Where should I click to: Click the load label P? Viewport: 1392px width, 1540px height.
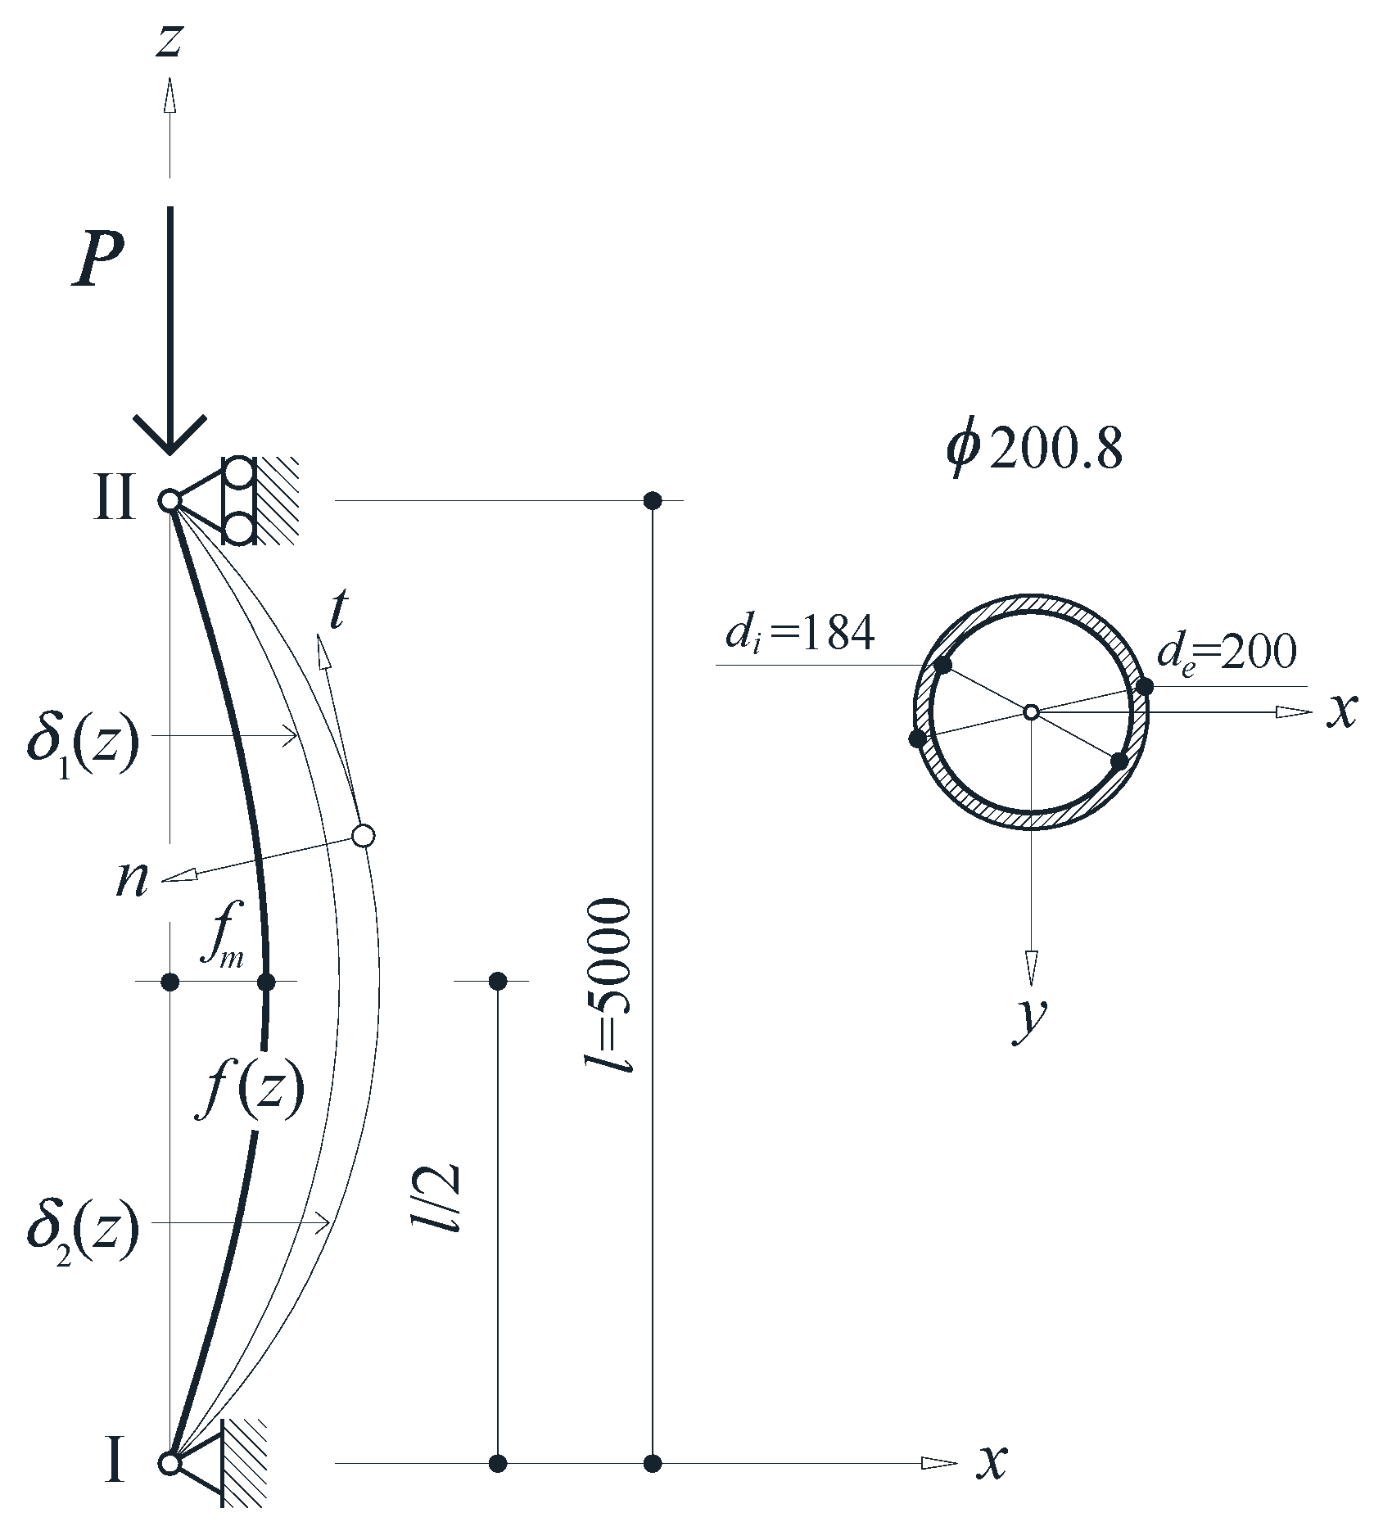tap(97, 258)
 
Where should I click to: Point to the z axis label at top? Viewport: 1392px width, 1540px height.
tap(169, 40)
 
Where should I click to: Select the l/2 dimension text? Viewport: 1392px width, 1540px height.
tap(435, 1197)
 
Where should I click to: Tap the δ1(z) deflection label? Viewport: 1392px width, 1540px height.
tap(84, 742)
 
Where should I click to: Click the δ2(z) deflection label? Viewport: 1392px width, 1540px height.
tap(84, 1229)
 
